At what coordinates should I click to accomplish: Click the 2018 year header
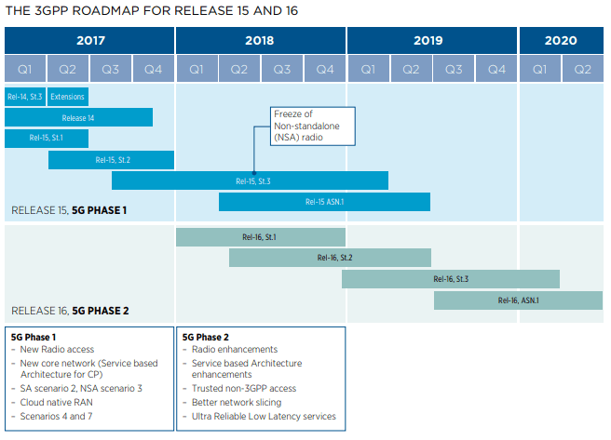(x=260, y=40)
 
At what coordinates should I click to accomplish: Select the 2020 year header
(x=561, y=40)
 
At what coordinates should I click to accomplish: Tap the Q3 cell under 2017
(x=111, y=69)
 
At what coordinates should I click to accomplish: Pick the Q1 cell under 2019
(x=368, y=69)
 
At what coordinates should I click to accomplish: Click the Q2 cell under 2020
(x=582, y=69)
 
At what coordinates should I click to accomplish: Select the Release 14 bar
(x=79, y=117)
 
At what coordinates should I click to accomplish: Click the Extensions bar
(x=68, y=97)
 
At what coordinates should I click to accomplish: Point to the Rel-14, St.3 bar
(x=25, y=97)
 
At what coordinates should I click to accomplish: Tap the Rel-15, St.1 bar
(x=47, y=138)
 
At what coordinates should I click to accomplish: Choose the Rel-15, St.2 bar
(x=111, y=160)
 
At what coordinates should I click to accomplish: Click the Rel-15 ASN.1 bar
(x=324, y=202)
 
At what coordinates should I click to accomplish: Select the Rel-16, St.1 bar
(x=260, y=237)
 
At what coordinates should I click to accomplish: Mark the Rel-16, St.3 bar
(x=451, y=279)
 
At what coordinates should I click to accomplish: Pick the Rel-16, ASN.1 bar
(x=518, y=300)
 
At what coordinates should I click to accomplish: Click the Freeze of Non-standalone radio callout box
(x=313, y=127)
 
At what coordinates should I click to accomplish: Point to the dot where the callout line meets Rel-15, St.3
(x=254, y=173)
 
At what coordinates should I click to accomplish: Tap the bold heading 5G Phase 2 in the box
(x=206, y=338)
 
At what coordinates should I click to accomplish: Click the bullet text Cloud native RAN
(x=57, y=402)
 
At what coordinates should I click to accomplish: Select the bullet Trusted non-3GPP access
(x=244, y=388)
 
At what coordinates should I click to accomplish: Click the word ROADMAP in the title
(x=105, y=10)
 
